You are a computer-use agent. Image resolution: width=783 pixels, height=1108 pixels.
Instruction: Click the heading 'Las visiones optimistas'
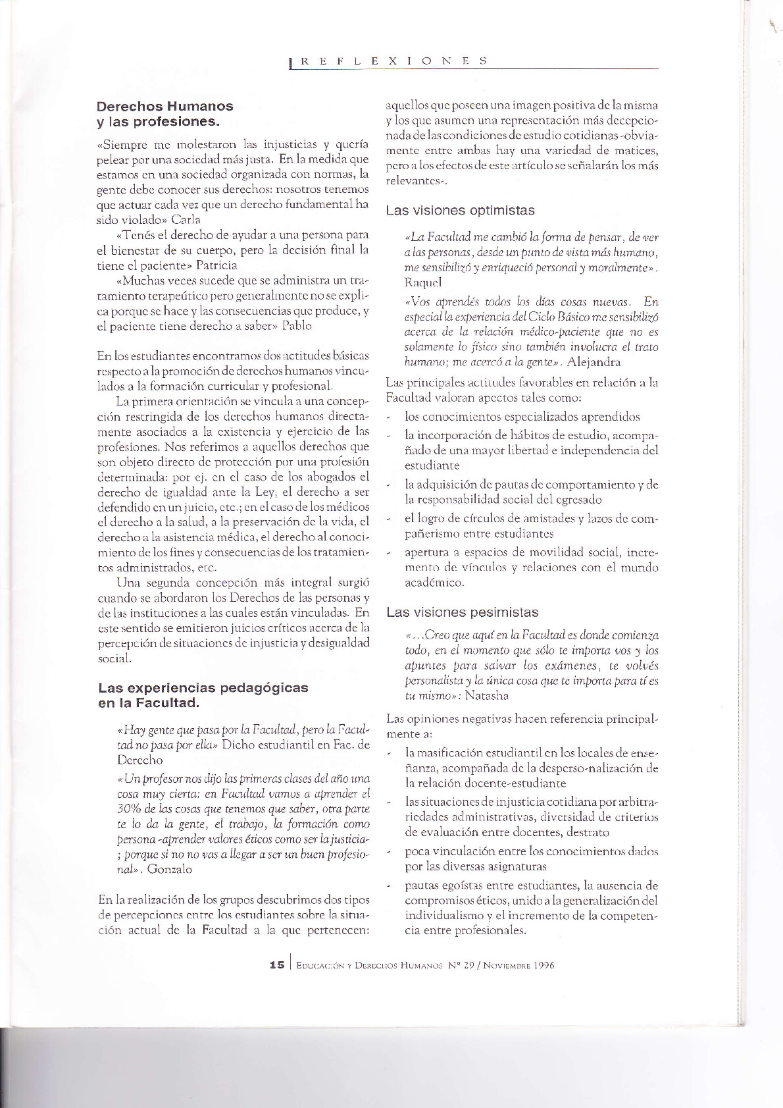(x=460, y=211)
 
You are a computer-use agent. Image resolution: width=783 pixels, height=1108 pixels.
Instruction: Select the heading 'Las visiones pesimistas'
(x=462, y=612)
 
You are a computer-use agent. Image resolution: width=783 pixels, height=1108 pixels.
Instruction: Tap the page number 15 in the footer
(x=277, y=965)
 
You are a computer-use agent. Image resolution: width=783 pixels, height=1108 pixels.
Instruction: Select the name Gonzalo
(x=170, y=869)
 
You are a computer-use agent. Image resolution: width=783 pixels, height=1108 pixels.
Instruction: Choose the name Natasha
(x=486, y=695)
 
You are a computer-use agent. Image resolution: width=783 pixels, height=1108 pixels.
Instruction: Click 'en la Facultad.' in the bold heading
(x=149, y=703)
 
